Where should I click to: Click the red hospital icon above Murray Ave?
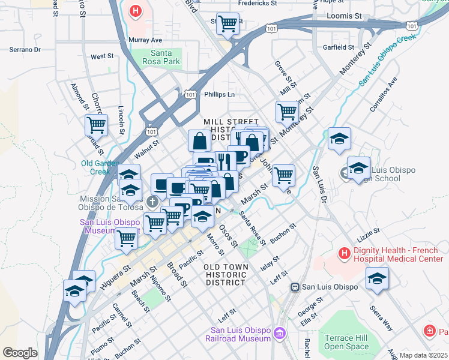pyautogui.click(x=136, y=11)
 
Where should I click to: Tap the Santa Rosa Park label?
pyautogui.click(x=164, y=57)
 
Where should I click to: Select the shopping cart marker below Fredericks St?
pyautogui.click(x=228, y=24)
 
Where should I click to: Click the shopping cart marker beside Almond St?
pyautogui.click(x=96, y=125)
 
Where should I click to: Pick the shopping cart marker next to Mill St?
pyautogui.click(x=287, y=111)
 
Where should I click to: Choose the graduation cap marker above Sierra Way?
pyautogui.click(x=376, y=278)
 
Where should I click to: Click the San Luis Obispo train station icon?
pyautogui.click(x=295, y=287)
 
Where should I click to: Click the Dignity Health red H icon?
pyautogui.click(x=344, y=254)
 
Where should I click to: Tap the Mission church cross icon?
pyautogui.click(x=152, y=201)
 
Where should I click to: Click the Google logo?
pyautogui.click(x=20, y=353)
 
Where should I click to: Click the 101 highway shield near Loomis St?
pyautogui.click(x=411, y=25)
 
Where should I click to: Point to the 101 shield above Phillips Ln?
pyautogui.click(x=190, y=94)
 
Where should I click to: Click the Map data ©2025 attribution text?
pyautogui.click(x=423, y=355)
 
